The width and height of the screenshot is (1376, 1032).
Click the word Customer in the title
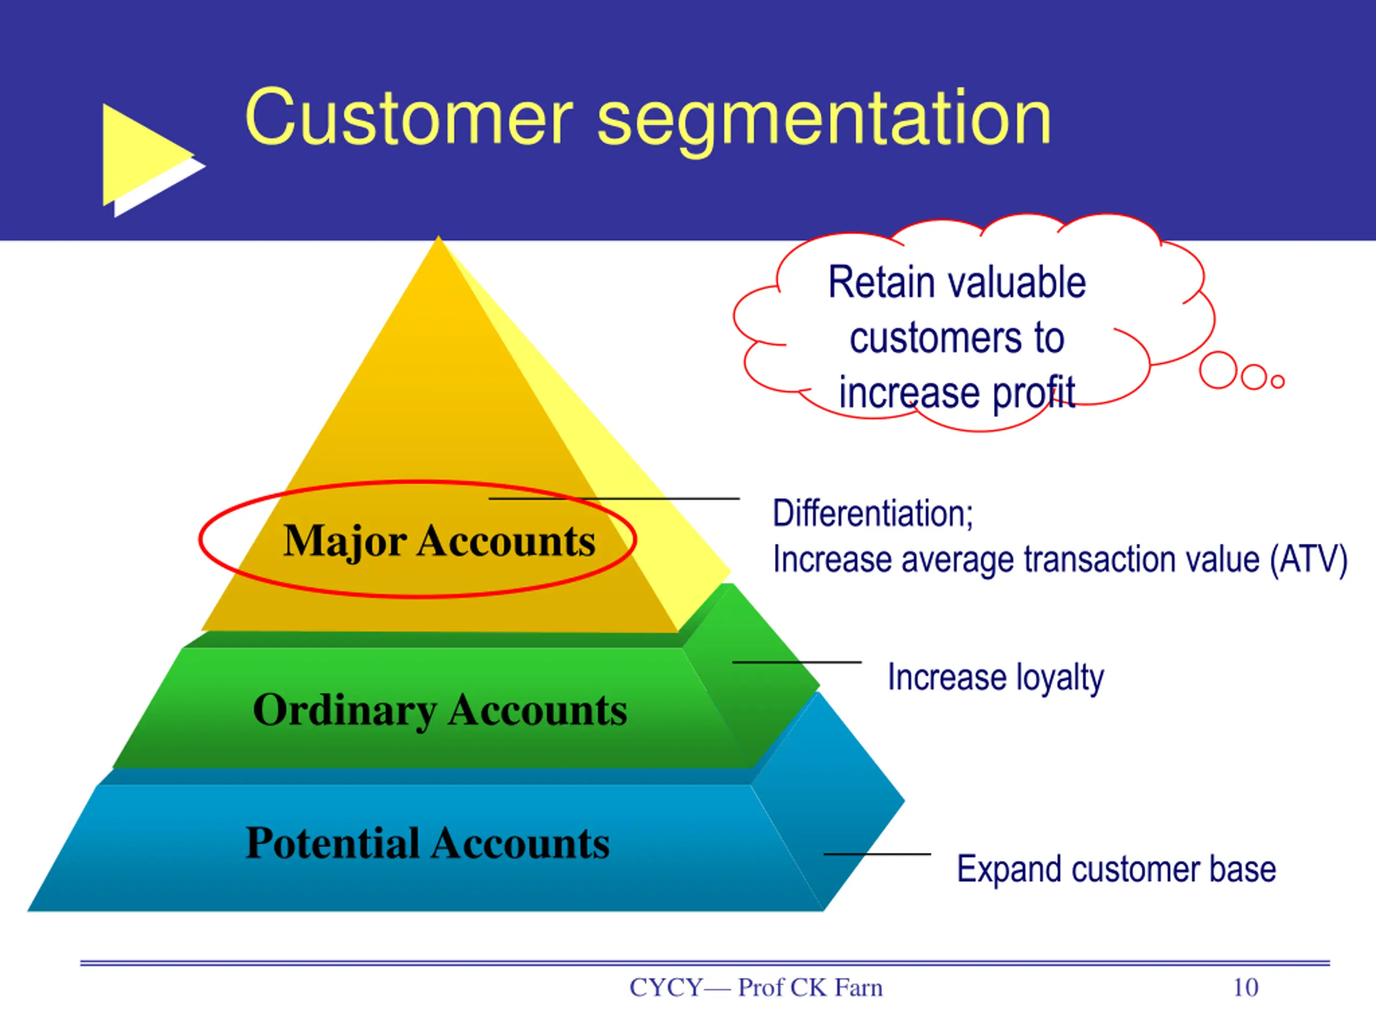point(408,118)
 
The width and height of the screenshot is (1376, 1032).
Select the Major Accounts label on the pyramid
point(439,540)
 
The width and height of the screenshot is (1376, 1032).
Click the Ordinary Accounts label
point(440,710)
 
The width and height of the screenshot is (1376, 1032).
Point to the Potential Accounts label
point(427,843)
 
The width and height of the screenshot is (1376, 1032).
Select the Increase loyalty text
point(995,677)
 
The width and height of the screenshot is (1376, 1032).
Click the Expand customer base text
point(1116,869)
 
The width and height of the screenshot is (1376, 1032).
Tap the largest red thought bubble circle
point(1217,370)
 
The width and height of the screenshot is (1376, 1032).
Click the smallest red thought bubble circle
point(1277,381)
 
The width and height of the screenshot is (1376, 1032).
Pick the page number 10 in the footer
point(1245,988)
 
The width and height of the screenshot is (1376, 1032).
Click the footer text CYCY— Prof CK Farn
point(756,988)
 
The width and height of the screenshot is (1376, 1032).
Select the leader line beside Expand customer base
point(877,854)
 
